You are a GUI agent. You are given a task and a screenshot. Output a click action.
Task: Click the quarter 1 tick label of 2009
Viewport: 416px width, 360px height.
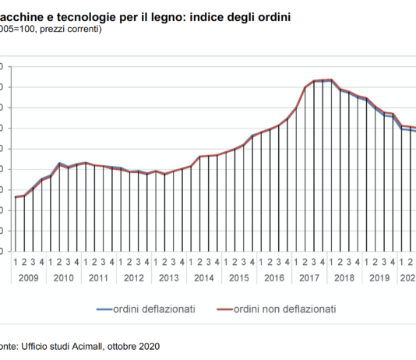pos(16,263)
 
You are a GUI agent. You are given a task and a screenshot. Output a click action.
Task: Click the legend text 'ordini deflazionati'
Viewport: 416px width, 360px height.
pos(152,309)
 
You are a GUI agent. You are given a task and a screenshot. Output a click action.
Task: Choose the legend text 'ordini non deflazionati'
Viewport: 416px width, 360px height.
pos(284,309)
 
